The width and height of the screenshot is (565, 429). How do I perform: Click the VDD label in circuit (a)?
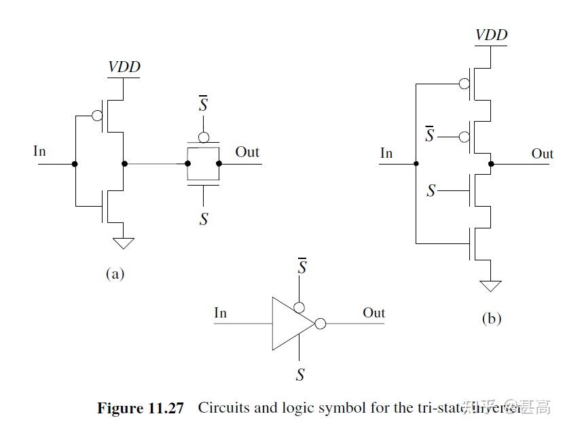click(x=124, y=67)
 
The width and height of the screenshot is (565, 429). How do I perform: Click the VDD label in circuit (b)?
click(x=491, y=35)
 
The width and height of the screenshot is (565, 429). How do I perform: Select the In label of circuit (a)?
click(x=39, y=151)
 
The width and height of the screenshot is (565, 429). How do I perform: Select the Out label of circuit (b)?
click(x=542, y=154)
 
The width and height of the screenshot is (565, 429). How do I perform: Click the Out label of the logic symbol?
click(x=373, y=313)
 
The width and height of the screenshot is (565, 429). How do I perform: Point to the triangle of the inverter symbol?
click(x=289, y=324)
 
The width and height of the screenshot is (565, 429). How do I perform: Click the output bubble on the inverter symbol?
click(x=321, y=324)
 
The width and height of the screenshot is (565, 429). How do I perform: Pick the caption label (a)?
click(x=115, y=274)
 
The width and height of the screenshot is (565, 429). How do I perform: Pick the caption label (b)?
click(x=491, y=318)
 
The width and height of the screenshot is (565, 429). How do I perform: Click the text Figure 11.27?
click(x=141, y=409)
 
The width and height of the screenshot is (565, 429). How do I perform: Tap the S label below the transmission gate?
click(x=203, y=219)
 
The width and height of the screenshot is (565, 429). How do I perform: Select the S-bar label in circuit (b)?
click(x=429, y=135)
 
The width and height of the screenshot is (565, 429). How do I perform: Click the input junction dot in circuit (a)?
click(x=75, y=164)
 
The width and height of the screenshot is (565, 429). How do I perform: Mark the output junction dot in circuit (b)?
click(x=491, y=164)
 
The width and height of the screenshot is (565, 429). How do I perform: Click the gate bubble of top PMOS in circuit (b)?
click(x=464, y=84)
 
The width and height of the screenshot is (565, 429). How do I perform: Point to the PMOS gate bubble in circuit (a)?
click(x=97, y=115)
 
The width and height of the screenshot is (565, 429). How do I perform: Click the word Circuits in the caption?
click(x=226, y=409)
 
